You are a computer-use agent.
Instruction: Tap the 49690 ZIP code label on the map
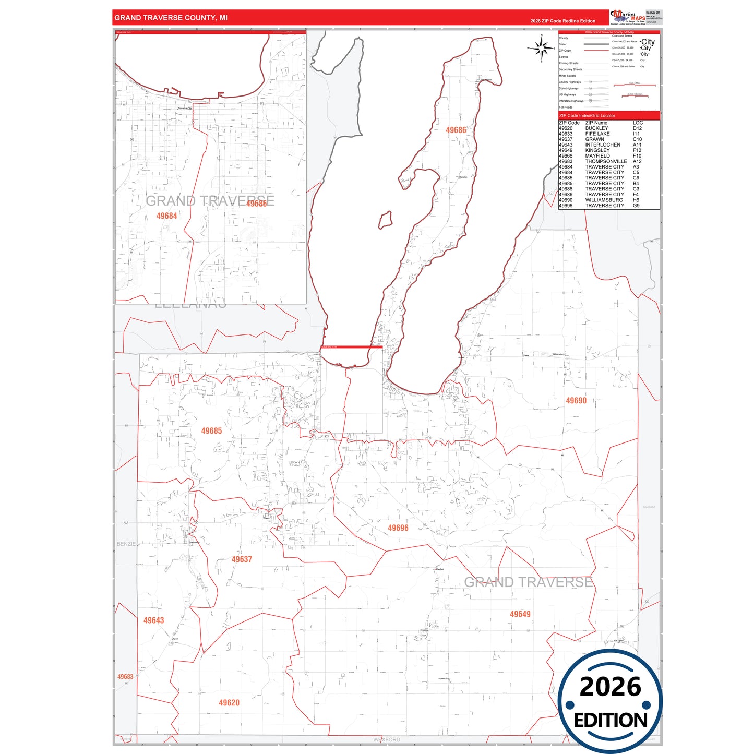click(x=576, y=401)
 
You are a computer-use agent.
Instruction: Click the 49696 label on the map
click(x=398, y=528)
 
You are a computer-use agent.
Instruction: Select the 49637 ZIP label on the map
click(x=242, y=559)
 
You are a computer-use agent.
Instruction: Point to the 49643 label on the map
click(x=153, y=620)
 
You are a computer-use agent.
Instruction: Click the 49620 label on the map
click(x=229, y=703)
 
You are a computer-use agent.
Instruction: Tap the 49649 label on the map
click(x=520, y=614)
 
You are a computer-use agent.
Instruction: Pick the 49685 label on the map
click(x=211, y=431)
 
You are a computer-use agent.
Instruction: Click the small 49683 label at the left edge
click(x=125, y=677)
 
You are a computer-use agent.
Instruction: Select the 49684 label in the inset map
click(x=166, y=216)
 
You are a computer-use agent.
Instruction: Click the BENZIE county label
click(x=126, y=544)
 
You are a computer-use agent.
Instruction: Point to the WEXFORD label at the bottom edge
click(x=387, y=740)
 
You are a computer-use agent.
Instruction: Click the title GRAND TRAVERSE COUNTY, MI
click(x=171, y=18)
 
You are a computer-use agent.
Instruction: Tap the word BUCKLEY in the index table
click(x=596, y=128)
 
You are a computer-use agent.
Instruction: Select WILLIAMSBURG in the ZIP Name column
click(x=604, y=200)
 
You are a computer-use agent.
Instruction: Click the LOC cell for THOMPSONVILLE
click(x=637, y=161)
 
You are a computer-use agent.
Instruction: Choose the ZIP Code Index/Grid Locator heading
click(x=587, y=116)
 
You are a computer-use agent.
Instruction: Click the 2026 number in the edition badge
click(x=610, y=687)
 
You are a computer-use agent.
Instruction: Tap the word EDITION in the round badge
click(x=610, y=721)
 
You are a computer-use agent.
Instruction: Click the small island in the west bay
click(x=385, y=220)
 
